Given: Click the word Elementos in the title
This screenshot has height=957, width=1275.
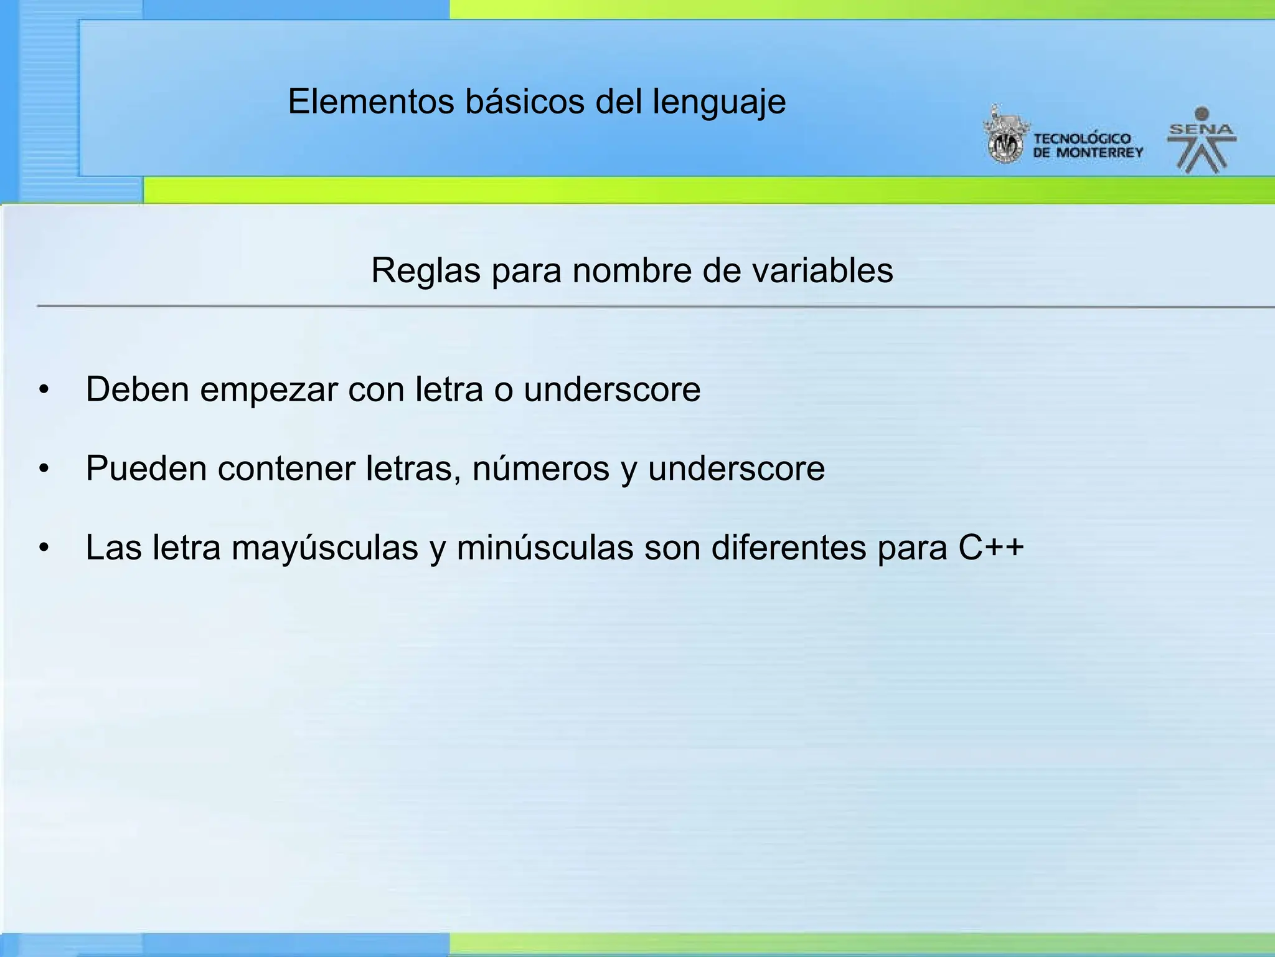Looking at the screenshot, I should pos(370,102).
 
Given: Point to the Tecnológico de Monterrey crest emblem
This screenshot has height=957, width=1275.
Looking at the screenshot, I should pos(1004,137).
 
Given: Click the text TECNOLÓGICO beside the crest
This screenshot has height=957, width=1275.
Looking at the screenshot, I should pos(1082,139).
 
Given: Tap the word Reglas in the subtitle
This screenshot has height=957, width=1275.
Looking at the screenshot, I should pos(426,272).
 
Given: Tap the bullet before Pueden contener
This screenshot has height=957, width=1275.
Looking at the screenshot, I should pos(43,469).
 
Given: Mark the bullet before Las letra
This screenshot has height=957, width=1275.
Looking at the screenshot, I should pos(43,548).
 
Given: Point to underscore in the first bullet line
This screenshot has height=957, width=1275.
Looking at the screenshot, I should pos(612,389).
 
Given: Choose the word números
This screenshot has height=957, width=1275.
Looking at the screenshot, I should pos(540,469).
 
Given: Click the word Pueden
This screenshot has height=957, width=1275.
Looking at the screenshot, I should pos(146,469).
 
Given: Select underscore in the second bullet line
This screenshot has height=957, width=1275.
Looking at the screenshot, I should pos(736,469).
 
